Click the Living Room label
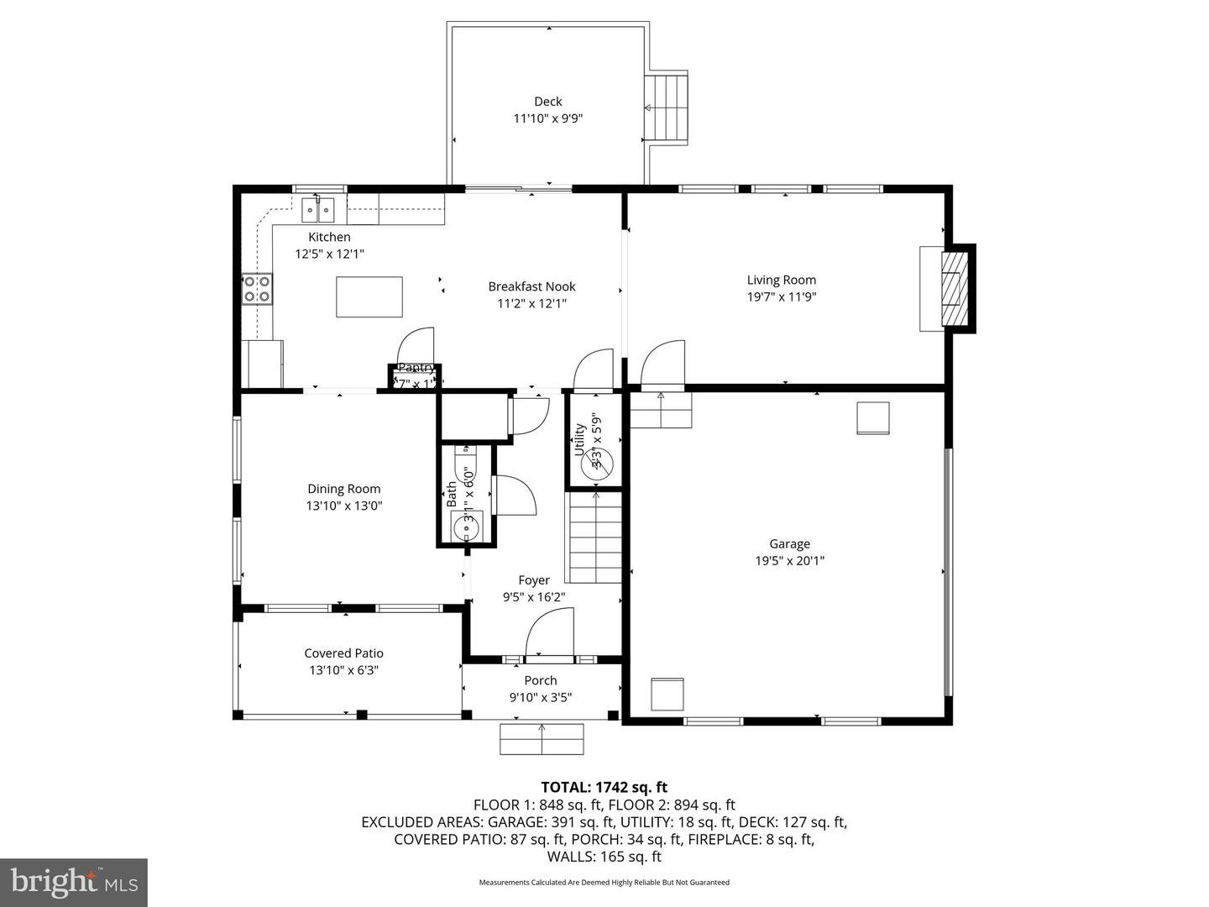(781, 280)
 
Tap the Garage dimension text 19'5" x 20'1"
(789, 561)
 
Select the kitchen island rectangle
(369, 296)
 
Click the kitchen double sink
(318, 207)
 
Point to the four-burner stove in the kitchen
(257, 289)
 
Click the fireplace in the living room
(952, 288)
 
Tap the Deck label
(547, 102)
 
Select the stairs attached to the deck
(667, 107)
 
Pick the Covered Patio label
(343, 653)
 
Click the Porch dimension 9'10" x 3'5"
(541, 697)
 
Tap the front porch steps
(542, 739)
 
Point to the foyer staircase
(595, 537)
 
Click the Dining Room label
(343, 489)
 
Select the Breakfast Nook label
(531, 286)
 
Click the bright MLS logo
(74, 882)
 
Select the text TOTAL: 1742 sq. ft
(604, 787)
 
